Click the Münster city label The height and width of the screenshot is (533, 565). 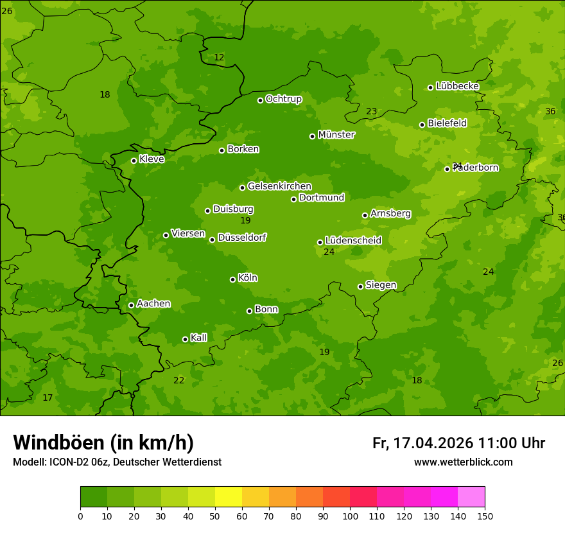(336, 135)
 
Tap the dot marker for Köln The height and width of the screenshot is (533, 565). (232, 279)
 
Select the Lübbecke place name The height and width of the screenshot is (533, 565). (457, 86)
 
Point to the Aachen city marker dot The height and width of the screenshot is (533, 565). (131, 305)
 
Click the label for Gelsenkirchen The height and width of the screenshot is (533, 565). (279, 186)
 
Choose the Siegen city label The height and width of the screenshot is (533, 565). (381, 285)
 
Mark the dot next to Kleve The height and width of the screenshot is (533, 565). (134, 161)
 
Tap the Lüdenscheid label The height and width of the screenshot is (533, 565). (353, 241)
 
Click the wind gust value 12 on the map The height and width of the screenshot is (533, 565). (219, 58)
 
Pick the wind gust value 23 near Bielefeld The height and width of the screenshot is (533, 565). (371, 112)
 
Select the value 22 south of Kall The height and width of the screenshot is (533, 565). (178, 381)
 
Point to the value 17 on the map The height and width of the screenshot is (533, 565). (48, 398)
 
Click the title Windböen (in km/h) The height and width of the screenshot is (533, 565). (103, 442)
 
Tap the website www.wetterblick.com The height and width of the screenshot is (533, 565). (463, 462)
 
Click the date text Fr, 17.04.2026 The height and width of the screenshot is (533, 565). (422, 443)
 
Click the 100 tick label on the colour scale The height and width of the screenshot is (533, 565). (350, 516)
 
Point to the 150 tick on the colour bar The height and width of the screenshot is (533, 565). (485, 516)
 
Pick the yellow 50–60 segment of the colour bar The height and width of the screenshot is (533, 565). (229, 497)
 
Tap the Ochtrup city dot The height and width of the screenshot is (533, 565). (260, 100)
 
